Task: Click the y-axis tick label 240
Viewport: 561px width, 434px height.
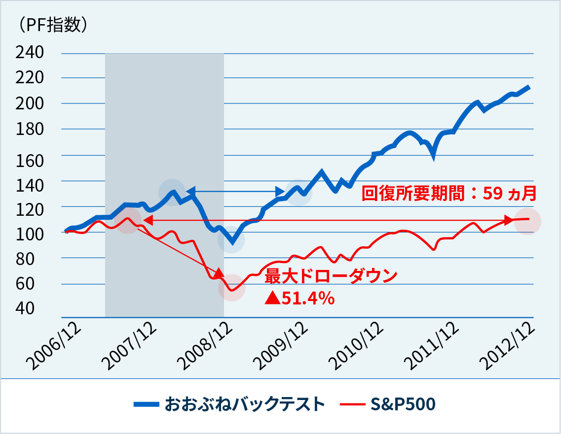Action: [30, 52]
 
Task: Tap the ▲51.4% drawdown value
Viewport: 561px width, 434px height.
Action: [299, 298]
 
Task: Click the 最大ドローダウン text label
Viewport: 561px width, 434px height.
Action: [331, 276]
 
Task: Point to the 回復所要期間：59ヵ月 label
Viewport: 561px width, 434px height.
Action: [449, 193]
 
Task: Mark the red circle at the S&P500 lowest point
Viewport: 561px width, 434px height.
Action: [232, 289]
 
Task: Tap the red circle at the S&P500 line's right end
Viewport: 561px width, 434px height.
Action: [527, 222]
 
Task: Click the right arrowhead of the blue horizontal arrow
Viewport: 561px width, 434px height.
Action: [280, 191]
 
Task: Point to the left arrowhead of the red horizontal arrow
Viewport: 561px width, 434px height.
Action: [147, 221]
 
